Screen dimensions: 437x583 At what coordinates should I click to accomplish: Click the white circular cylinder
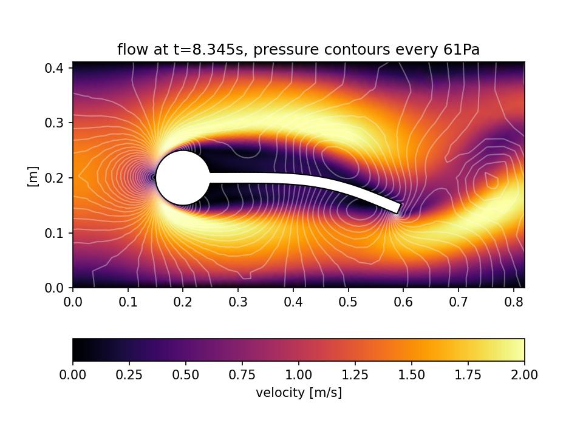pos(183,178)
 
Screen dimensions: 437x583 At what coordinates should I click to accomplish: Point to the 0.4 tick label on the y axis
pos(56,67)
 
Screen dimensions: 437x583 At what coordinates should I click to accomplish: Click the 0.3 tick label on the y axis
pos(56,123)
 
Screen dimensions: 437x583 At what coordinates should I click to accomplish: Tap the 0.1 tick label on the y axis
pos(56,233)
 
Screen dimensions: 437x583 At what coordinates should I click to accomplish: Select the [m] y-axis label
pos(33,177)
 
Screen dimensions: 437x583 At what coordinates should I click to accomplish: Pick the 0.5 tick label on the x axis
pos(348,302)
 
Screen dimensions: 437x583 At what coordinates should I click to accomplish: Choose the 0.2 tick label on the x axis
pos(183,302)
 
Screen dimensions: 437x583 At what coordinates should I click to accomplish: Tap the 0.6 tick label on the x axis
pos(403,302)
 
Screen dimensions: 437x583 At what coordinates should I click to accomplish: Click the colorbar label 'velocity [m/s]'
pos(299,393)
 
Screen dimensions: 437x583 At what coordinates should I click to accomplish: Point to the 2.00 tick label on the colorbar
pos(524,375)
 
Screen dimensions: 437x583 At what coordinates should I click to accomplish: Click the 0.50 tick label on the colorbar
pos(186,375)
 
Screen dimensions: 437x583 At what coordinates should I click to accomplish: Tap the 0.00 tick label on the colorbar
pos(73,375)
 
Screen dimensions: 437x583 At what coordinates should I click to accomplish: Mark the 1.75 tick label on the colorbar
pos(468,375)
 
